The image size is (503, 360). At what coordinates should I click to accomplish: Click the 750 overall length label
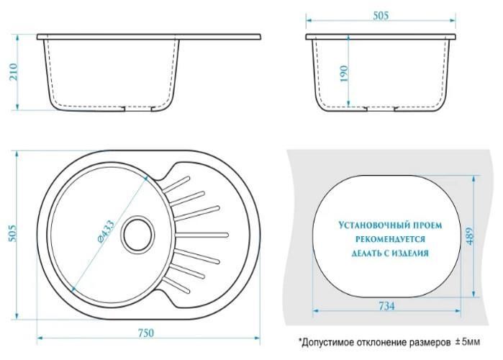(x=146, y=333)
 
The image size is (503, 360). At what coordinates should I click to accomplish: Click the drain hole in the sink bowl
(x=137, y=233)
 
